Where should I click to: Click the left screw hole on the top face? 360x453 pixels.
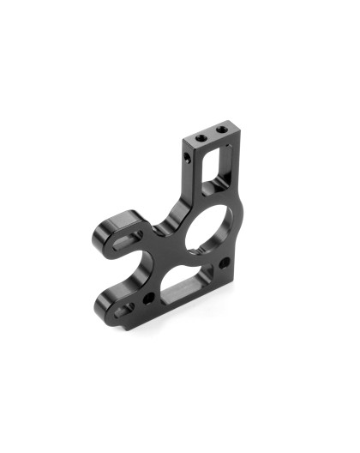tap(201, 136)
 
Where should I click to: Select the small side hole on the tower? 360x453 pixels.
tap(188, 158)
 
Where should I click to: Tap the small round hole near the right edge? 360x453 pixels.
tap(225, 263)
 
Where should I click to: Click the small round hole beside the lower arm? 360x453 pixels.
tap(149, 298)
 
